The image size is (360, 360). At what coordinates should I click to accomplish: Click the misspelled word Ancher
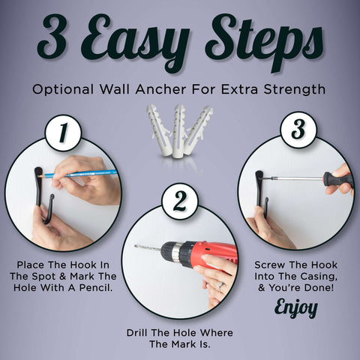(160, 89)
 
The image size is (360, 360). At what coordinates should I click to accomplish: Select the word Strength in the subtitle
(295, 89)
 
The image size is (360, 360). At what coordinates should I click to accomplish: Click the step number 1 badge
(63, 133)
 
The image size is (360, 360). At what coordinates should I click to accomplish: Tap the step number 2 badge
(180, 202)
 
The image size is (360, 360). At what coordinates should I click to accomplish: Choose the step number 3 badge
(298, 130)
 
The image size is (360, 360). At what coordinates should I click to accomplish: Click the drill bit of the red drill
(148, 248)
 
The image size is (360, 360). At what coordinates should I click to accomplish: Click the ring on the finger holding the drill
(220, 287)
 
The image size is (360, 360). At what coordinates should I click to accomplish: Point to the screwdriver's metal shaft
(293, 178)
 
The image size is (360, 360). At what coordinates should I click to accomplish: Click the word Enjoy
(296, 307)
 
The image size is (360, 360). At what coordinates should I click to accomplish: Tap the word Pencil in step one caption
(96, 287)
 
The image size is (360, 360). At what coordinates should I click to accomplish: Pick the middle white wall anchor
(178, 131)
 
